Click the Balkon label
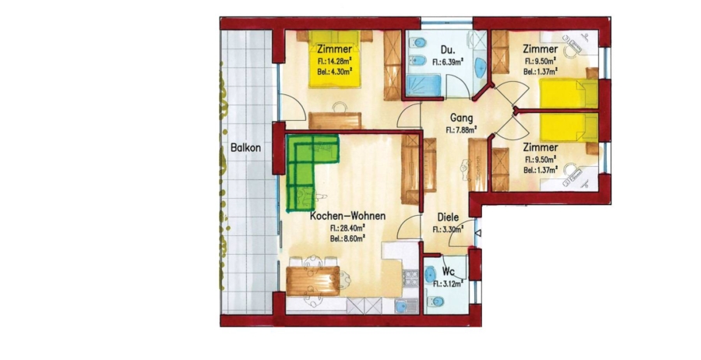pos(245,147)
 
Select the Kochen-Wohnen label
pos(347,216)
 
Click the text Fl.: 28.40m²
pos(347,228)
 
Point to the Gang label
pos(461,118)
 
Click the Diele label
pos(448,217)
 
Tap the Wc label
pos(449,271)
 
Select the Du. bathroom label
pos(448,49)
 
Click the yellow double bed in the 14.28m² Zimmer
pos(335,59)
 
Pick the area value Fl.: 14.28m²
pos(334,60)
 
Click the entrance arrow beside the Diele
pos(477,233)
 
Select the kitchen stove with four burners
pos(410,277)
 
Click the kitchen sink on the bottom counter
pos(407,305)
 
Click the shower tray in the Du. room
pos(422,85)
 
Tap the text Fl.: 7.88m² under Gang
pos(461,130)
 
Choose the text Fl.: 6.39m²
pos(448,62)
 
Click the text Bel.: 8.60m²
pos(347,238)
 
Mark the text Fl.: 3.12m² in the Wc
pos(448,283)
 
